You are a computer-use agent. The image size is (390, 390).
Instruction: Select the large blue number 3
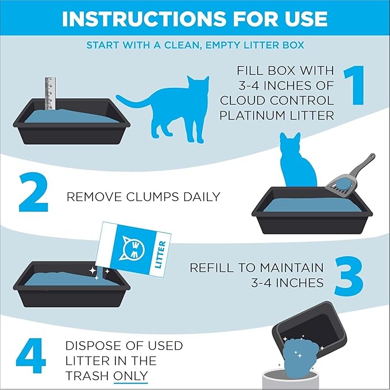(347, 277)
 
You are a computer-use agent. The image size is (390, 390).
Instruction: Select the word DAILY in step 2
(200, 196)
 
